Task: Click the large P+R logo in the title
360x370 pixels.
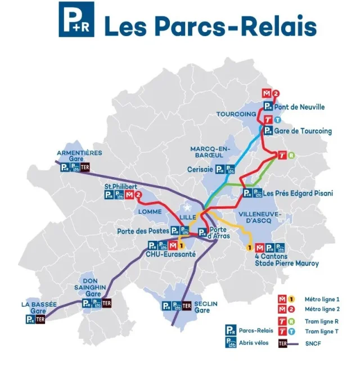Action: coord(76,19)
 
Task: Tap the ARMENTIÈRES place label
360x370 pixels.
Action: coord(79,153)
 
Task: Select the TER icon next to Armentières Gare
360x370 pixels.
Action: coord(85,168)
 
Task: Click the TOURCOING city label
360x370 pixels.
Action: coord(236,114)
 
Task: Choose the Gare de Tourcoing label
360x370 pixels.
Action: coord(303,131)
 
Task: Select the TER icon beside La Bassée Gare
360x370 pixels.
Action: coord(40,319)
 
